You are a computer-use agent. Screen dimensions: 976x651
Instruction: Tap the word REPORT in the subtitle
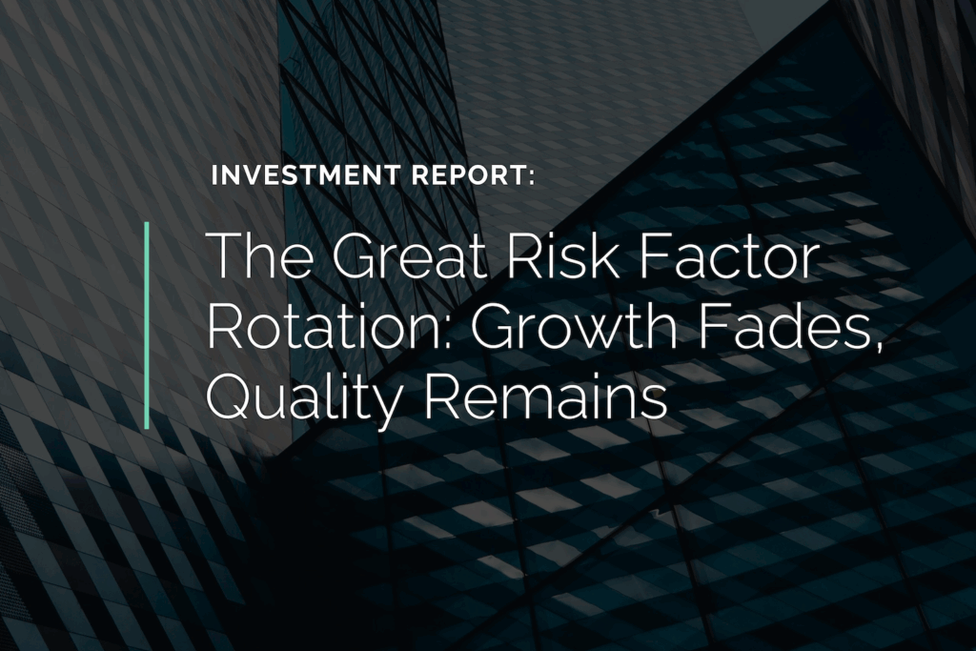pyautogui.click(x=469, y=175)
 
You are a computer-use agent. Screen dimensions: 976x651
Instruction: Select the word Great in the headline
pyautogui.click(x=410, y=255)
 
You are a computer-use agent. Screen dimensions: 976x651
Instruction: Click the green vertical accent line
pyautogui.click(x=148, y=325)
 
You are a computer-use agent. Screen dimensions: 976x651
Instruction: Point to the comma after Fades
pyautogui.click(x=878, y=344)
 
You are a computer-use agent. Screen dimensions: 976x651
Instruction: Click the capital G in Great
pyautogui.click(x=355, y=255)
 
